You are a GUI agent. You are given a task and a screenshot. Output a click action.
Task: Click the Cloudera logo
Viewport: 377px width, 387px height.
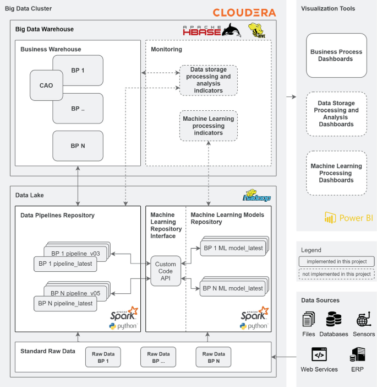click(x=244, y=13)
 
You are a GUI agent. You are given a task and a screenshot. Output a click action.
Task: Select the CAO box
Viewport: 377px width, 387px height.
click(x=46, y=85)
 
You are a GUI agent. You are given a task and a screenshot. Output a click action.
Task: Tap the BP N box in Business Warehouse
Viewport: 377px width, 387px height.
click(x=78, y=146)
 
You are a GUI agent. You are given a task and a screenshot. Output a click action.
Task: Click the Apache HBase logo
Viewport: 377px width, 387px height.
click(x=212, y=30)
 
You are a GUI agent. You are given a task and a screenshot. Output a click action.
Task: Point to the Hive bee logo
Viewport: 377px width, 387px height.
click(x=257, y=30)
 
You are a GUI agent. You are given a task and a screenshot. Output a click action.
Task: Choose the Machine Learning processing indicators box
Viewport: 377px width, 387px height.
click(x=209, y=126)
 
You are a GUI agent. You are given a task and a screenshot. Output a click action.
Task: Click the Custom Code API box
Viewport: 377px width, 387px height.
click(x=166, y=271)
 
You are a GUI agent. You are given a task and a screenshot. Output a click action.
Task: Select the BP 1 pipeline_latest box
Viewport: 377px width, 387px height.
click(x=65, y=264)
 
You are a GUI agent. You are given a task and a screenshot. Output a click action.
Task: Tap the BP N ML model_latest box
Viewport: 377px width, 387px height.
click(x=233, y=288)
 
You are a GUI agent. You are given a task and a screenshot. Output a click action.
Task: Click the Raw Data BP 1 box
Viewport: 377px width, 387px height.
click(x=103, y=357)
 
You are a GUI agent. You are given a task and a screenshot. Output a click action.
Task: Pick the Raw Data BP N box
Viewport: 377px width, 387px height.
click(x=214, y=357)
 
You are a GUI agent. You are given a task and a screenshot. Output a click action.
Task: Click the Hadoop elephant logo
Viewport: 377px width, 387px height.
click(x=256, y=196)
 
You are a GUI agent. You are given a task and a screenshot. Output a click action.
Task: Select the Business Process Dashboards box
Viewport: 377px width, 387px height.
click(x=336, y=56)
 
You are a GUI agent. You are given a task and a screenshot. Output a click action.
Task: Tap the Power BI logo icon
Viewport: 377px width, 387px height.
click(x=330, y=217)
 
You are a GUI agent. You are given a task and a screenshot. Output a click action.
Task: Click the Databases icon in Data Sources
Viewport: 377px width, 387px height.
click(x=334, y=319)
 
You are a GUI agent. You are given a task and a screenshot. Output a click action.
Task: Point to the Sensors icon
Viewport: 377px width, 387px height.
click(x=364, y=319)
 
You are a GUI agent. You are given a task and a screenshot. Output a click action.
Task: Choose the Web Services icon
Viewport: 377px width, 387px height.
click(x=319, y=354)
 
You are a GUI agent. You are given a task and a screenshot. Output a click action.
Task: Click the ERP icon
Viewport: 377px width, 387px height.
click(x=358, y=354)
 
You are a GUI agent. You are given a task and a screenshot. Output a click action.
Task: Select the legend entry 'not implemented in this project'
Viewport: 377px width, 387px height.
click(x=337, y=274)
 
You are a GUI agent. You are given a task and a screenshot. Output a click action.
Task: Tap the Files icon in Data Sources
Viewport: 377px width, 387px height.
click(x=309, y=319)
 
